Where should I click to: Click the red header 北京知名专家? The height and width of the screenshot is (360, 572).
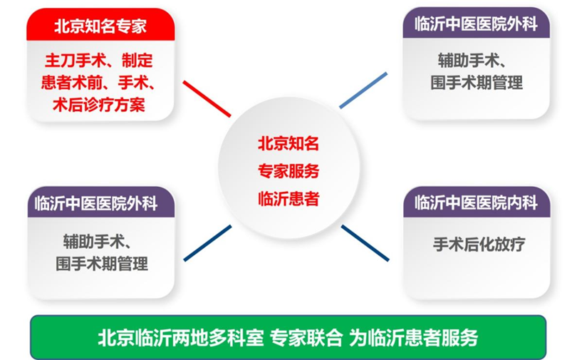coord(100,26)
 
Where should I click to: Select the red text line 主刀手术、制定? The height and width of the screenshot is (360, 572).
coord(99,61)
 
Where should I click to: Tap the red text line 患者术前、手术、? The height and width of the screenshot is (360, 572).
coord(98,83)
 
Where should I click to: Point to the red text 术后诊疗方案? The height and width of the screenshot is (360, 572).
coord(99,105)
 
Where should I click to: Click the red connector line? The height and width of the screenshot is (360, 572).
coord(207,99)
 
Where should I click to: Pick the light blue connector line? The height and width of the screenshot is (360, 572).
coord(363,91)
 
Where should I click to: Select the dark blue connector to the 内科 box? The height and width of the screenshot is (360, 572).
coord(365,243)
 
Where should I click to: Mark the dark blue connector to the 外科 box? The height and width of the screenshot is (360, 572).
coord(207,243)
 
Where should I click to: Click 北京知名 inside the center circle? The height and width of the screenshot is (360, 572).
coord(288,143)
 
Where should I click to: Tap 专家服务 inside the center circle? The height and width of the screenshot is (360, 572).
coord(288,171)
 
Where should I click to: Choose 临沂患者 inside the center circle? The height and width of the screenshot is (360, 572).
coord(288,199)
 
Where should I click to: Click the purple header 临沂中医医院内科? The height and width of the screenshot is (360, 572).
coord(476,202)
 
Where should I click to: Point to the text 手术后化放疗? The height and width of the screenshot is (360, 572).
coord(479,245)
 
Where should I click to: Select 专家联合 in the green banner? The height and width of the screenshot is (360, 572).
coord(306,338)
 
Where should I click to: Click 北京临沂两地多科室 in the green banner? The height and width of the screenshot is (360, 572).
coord(180,338)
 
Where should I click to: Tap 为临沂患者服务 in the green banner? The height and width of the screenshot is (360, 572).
coord(414,338)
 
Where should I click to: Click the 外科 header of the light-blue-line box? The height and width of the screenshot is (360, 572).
coord(476,24)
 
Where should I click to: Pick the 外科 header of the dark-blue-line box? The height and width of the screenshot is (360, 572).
coord(96,203)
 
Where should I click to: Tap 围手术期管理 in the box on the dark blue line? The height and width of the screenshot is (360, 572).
coord(102,264)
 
